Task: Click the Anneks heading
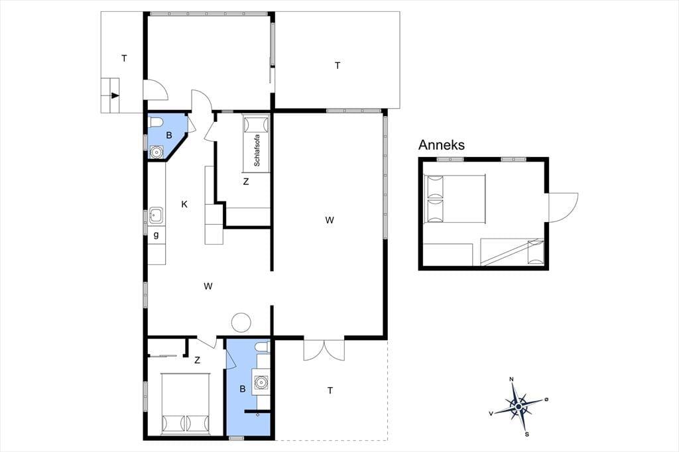pos(441,144)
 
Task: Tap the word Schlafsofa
pos(257,150)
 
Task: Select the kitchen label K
pos(184,204)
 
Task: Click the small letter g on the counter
pos(156,235)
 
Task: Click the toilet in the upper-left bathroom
pos(155,123)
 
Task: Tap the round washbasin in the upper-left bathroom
pos(156,152)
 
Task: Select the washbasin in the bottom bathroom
pos(261,382)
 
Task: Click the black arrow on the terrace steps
pos(115,95)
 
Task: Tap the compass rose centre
pos(519,406)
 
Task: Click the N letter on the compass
pos(511,379)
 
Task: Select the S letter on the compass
pos(526,434)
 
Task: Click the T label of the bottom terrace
pos(330,390)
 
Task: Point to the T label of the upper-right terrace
pos(338,66)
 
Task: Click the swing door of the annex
pos(564,208)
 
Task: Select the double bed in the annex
pos(455,199)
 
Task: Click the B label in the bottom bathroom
pos(243,389)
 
